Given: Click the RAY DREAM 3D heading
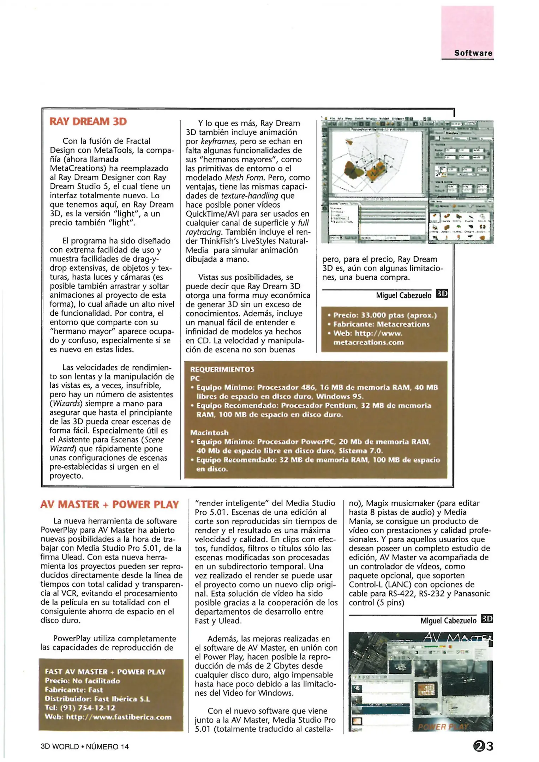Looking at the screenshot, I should [88, 121].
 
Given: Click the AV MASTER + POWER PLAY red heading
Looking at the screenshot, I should [109, 504].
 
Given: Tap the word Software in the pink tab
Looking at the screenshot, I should [473, 53].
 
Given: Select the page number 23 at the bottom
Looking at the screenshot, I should [483, 746].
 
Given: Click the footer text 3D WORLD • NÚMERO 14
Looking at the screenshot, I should [85, 746].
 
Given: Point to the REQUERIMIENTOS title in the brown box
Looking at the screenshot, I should [222, 369].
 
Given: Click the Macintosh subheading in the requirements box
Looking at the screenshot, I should [209, 433].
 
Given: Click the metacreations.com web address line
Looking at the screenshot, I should [368, 342].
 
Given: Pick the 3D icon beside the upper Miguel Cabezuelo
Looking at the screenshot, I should [442, 294].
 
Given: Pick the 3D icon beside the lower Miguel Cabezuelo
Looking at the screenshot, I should [487, 619].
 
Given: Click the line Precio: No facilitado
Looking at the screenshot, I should [82, 681].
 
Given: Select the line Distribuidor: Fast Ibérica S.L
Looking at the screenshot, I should [97, 699].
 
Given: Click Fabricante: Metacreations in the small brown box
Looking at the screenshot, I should [381, 324].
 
